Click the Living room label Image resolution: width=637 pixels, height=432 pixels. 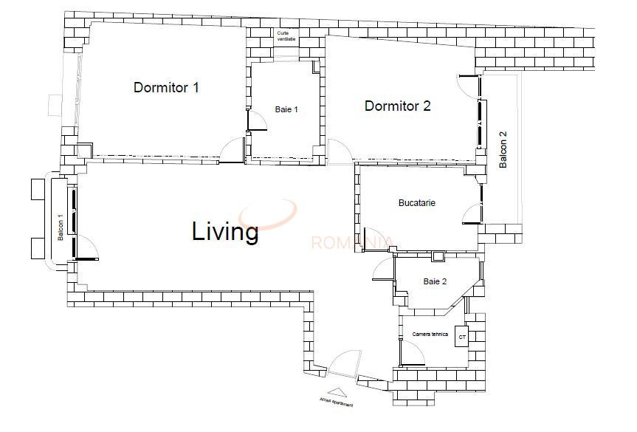225,231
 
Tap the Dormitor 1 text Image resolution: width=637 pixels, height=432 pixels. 166,87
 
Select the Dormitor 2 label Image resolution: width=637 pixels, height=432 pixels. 397,106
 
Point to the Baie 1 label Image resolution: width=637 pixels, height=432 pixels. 286,109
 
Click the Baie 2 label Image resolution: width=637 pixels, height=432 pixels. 435,281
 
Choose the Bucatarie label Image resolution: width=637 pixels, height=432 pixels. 416,202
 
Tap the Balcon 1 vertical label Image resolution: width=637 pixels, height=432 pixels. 61,227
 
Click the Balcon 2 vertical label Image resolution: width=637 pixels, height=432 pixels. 503,150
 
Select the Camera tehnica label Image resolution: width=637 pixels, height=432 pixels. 430,335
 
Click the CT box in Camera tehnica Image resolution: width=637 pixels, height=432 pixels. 462,338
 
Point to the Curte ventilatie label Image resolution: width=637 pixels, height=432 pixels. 286,36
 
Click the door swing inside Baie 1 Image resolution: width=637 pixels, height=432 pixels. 256,122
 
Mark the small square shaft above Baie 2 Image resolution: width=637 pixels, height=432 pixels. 438,257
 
